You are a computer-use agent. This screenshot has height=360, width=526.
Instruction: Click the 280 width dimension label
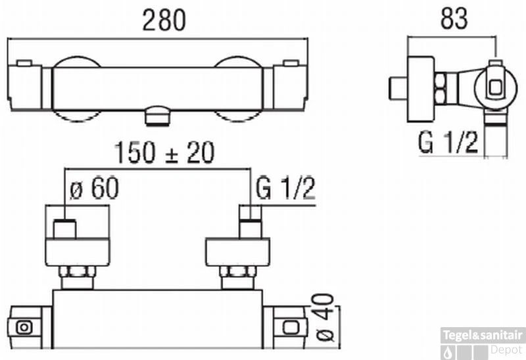(164, 20)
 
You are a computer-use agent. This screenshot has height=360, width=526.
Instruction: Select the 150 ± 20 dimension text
(164, 152)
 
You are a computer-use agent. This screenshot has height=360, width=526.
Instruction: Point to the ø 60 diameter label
(94, 189)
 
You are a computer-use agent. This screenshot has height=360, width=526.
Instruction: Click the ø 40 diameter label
(325, 318)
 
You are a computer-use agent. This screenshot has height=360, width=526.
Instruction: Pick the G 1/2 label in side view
(448, 143)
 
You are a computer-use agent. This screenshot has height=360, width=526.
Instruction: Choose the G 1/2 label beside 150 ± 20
(285, 189)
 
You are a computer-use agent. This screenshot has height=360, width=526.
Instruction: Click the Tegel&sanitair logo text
(483, 335)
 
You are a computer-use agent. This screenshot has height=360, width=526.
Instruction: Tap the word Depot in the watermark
(507, 349)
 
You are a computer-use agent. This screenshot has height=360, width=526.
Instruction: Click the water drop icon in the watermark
(448, 353)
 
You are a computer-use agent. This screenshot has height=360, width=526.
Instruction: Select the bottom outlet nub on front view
(158, 116)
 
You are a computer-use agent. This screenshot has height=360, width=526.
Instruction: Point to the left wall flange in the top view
(78, 252)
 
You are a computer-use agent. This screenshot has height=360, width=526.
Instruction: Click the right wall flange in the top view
(238, 252)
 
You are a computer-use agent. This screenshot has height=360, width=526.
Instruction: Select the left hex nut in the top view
(78, 271)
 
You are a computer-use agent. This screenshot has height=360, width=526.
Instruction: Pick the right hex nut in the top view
(238, 271)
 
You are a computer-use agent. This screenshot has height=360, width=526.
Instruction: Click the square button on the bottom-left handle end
(24, 328)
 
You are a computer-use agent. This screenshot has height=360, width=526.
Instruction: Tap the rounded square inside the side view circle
(496, 88)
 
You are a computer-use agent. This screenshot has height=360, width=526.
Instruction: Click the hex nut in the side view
(441, 89)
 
